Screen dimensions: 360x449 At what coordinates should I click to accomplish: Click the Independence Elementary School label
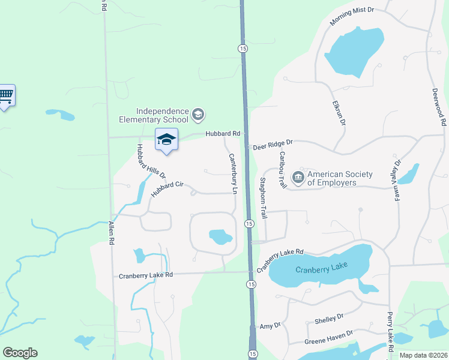162,115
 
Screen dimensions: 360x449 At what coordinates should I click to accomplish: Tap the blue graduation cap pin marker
166,140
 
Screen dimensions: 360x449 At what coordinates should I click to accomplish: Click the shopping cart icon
6,95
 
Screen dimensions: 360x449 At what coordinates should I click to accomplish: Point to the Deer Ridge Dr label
273,144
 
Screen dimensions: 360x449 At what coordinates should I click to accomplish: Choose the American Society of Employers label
340,178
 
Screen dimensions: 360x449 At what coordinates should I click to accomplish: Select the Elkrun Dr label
339,112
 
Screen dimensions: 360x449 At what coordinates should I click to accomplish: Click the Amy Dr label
270,326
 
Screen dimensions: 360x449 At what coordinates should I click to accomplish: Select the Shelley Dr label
329,318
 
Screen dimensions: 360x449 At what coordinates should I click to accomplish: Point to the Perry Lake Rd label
390,332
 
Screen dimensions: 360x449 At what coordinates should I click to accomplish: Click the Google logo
20,353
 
